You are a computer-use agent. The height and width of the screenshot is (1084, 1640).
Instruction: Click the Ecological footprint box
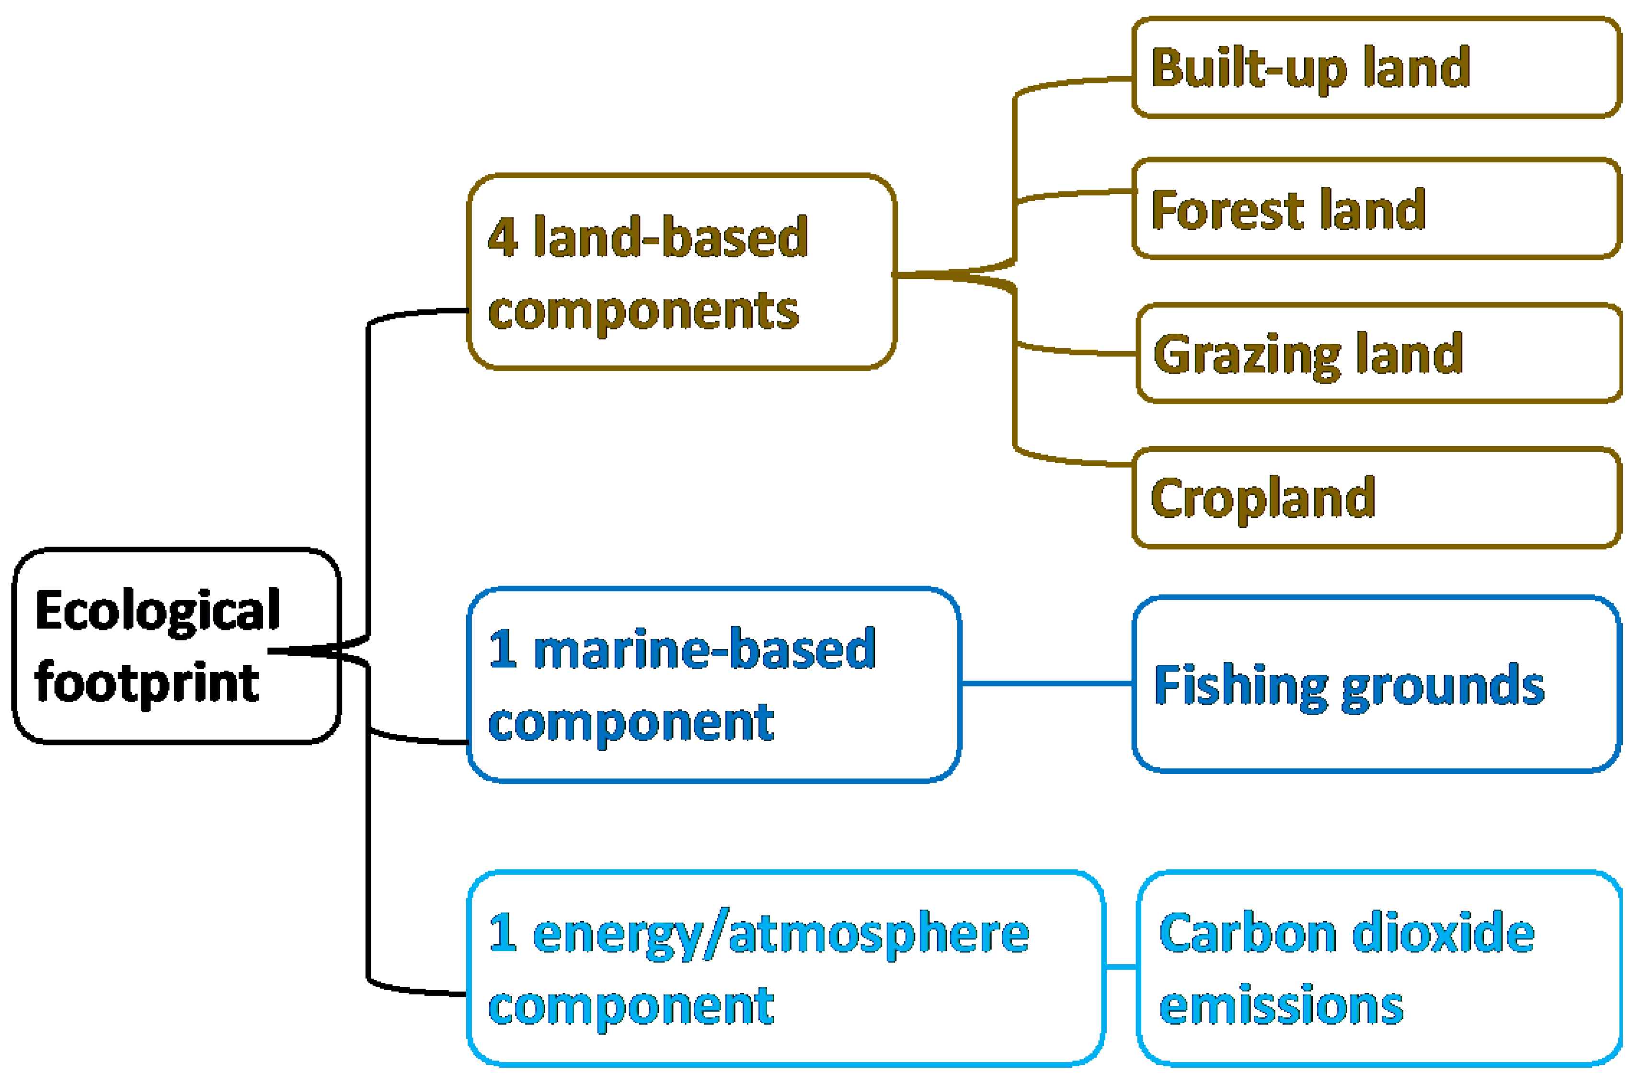tap(176, 646)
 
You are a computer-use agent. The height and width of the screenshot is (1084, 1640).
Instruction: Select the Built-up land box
tap(1376, 68)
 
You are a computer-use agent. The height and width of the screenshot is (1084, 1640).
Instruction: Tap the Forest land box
tap(1376, 209)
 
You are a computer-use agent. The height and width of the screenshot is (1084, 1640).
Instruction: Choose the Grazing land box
tap(1379, 353)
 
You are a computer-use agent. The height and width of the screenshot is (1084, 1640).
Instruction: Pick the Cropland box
tap(1376, 498)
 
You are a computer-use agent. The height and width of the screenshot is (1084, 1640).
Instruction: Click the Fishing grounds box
tap(1376, 685)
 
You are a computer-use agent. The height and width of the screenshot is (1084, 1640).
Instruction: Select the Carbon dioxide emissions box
tap(1379, 968)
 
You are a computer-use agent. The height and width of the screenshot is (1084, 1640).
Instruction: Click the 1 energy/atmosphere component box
tap(785, 968)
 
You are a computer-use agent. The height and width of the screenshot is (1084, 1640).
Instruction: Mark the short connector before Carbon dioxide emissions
tap(1121, 967)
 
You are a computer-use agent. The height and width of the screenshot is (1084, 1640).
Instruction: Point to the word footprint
tap(147, 683)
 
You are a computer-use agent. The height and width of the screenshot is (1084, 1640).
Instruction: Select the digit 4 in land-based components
tap(503, 237)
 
